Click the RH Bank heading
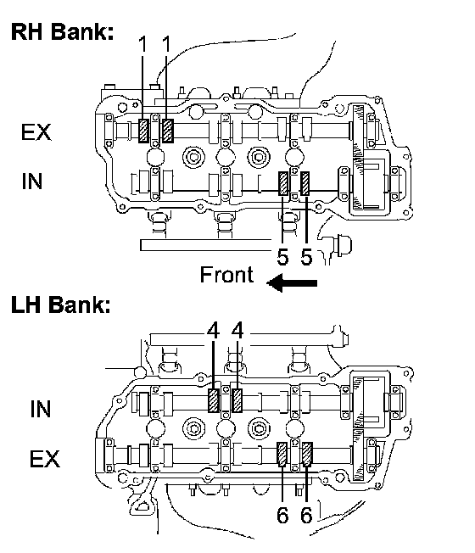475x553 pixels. click(63, 31)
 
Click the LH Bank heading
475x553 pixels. click(61, 304)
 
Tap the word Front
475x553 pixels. click(226, 275)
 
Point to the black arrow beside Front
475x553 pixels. click(292, 282)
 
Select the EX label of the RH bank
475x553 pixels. click(36, 132)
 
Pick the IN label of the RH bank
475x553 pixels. click(31, 182)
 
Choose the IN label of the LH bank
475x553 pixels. click(41, 409)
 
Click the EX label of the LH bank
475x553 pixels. click(44, 459)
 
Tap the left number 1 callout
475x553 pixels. click(142, 44)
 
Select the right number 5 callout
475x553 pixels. click(306, 257)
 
